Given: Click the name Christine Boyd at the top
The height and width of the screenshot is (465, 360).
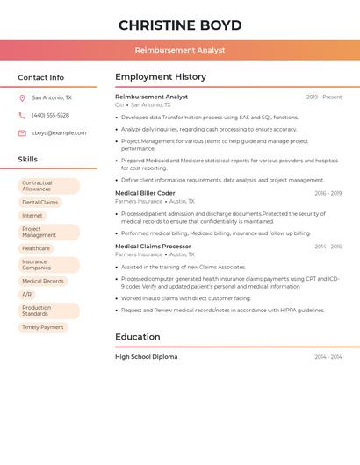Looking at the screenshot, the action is (180, 25).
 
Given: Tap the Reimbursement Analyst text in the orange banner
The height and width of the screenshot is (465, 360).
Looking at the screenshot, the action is (180, 50).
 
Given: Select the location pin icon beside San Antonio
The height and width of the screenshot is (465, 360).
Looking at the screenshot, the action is (22, 97).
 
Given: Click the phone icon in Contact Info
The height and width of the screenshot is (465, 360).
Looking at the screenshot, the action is (22, 115).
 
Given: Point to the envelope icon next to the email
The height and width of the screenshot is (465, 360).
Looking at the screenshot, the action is (22, 133).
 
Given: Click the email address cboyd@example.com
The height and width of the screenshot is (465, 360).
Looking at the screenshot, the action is (59, 133).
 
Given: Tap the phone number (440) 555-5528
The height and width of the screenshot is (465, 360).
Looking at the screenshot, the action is (50, 115).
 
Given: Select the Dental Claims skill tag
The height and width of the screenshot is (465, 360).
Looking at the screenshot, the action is (40, 202).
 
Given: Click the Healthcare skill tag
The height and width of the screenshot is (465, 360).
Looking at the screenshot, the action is (36, 248).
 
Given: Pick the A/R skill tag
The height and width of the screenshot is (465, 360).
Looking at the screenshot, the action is (26, 294).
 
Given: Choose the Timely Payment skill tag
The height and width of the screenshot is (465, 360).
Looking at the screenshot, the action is (43, 327).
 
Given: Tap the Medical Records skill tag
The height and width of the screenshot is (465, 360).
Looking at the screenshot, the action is (43, 281).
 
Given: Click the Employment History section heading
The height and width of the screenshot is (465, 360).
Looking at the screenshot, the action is (161, 77).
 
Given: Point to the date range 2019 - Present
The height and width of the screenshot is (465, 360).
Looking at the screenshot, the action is (324, 97).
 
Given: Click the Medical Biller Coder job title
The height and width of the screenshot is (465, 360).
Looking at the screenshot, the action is (145, 193).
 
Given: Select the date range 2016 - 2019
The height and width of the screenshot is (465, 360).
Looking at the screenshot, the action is (328, 193).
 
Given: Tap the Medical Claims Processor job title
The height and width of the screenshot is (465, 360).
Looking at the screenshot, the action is (153, 247).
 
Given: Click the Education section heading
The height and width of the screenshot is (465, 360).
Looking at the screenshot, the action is (138, 337).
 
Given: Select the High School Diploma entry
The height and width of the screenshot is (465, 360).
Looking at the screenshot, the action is (146, 357).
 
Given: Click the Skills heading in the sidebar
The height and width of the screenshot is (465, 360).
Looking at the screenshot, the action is (28, 160).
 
